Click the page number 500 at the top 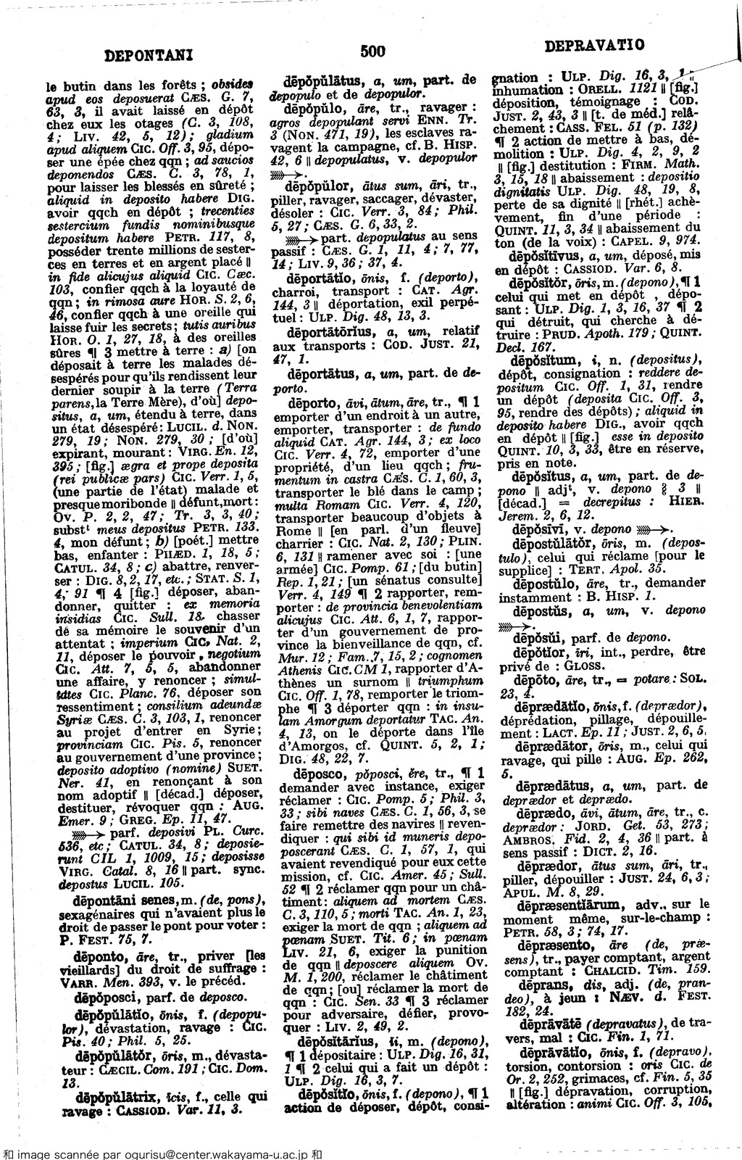click(371, 50)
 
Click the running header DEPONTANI click(148, 53)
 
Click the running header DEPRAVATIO click(594, 46)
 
